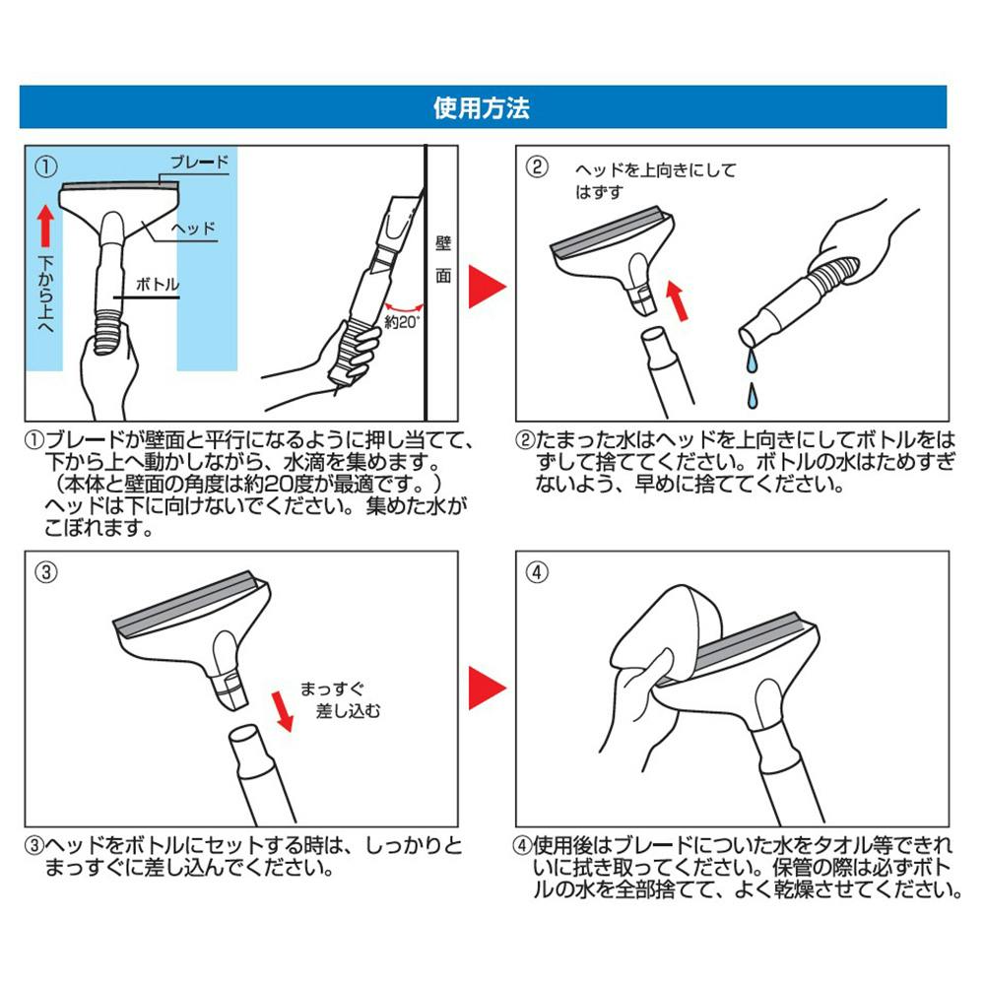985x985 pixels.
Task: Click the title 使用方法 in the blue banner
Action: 482,108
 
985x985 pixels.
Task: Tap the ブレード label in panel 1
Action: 199,163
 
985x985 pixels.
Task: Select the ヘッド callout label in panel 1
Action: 193,229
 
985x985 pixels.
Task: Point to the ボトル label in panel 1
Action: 157,285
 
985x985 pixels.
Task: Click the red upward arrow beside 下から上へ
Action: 45,226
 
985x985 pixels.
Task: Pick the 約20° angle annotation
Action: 402,322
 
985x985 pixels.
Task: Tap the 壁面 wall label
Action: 443,259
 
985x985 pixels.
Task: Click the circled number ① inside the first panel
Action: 46,166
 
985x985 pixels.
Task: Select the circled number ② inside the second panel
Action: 537,166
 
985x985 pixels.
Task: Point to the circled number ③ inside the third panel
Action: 46,572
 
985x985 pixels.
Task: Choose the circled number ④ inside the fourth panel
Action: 537,572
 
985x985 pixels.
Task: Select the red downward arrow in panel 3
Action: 282,711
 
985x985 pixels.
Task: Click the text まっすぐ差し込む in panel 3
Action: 340,699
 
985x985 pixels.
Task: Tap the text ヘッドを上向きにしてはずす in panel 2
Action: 655,181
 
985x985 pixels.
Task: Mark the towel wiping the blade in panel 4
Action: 656,634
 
